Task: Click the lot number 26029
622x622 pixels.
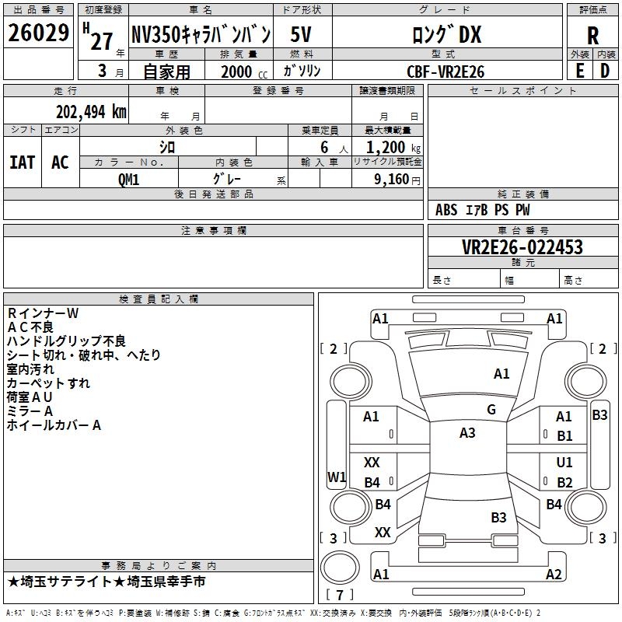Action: point(38,33)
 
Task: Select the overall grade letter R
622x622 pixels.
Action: point(592,35)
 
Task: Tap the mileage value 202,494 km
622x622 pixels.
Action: point(91,112)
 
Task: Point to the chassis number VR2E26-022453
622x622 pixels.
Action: point(522,246)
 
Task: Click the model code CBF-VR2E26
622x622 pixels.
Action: point(446,72)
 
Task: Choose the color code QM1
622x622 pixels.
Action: point(128,180)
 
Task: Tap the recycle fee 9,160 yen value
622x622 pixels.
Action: point(397,180)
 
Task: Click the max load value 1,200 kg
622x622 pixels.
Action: point(393,148)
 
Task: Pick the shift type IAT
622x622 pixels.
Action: point(23,162)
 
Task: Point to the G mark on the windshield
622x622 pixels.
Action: point(491,410)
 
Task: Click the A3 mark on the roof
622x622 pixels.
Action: point(467,433)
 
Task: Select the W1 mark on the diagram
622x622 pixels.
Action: point(337,477)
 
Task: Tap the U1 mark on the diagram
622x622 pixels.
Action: point(564,462)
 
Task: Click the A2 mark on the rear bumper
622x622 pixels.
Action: point(554,574)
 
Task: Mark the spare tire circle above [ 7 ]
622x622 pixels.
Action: point(340,568)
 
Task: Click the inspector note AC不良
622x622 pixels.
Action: point(30,327)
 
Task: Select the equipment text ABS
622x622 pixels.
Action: point(446,210)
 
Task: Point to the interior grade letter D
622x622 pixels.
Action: point(605,71)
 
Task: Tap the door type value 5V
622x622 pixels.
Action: point(301,34)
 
